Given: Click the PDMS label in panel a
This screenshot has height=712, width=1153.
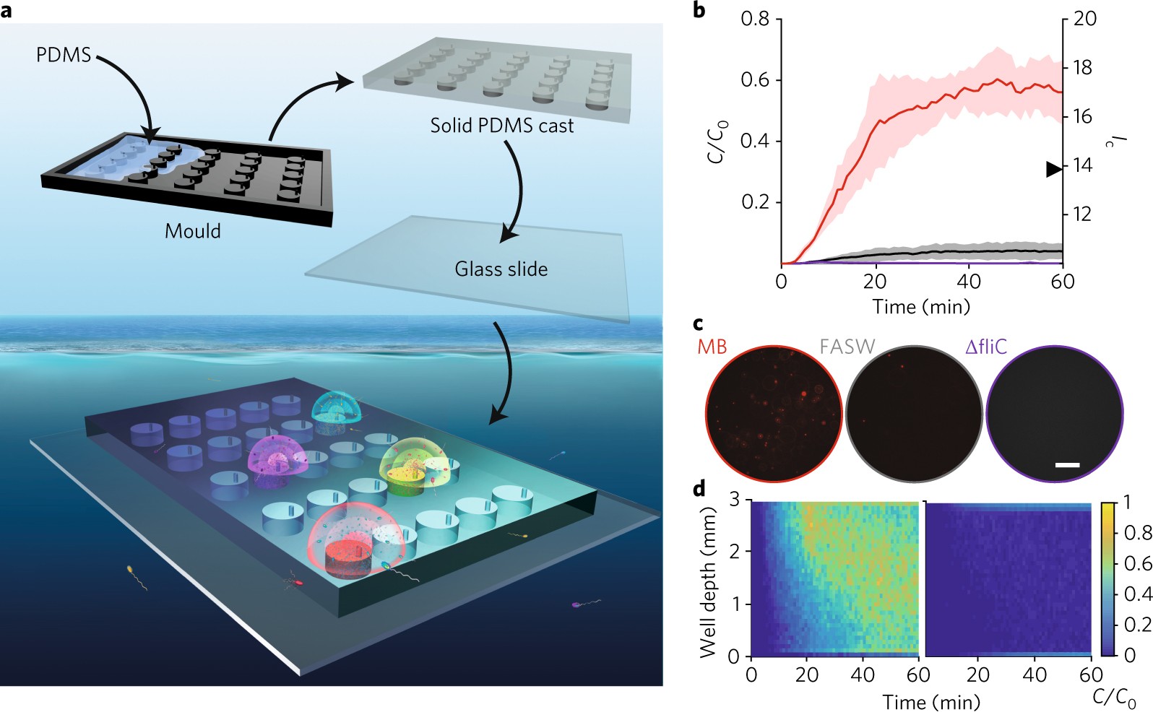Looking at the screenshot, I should (64, 55).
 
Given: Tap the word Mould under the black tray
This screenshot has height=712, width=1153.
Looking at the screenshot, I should (193, 231).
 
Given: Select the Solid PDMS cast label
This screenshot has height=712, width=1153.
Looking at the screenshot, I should (501, 126).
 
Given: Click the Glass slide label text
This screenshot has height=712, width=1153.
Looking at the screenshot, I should (501, 269).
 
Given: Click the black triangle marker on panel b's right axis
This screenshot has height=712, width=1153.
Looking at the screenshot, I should (1054, 169).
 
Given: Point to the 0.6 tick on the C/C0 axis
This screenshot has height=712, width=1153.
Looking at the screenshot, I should (755, 80).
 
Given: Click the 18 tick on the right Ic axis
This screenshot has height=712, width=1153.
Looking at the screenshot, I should (1084, 68).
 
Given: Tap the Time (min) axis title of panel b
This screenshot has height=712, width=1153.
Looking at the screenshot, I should (921, 307).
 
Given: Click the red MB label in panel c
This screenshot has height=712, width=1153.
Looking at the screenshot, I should (712, 347).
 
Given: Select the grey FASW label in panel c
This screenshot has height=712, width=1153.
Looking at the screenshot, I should (847, 347).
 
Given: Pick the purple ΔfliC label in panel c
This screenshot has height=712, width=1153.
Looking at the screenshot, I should (985, 347).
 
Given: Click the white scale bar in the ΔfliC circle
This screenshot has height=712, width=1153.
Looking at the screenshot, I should (1067, 465).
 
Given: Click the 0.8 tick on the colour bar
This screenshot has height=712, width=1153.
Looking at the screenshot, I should (1136, 533).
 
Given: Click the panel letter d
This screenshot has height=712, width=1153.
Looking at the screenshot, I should (699, 490).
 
